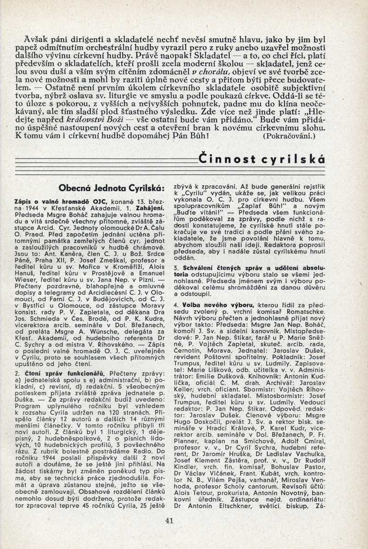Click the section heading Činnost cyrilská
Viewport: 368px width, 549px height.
pyautogui.click(x=262, y=159)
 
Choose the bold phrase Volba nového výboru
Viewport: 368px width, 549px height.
pyautogui.click(x=218, y=305)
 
